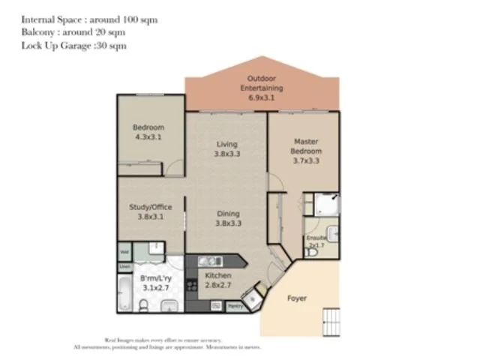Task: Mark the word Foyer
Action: coord(298,298)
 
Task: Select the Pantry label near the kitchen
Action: coord(235,305)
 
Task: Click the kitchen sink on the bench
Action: coord(208,261)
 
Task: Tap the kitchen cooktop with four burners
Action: coord(191,286)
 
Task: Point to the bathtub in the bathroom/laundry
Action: coord(124,293)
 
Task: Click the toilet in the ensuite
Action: coord(312,253)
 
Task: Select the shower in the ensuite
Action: coord(328,204)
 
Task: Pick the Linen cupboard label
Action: coord(124,266)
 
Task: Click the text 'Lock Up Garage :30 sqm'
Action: coord(73,46)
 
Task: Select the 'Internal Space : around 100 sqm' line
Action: coord(89,19)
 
